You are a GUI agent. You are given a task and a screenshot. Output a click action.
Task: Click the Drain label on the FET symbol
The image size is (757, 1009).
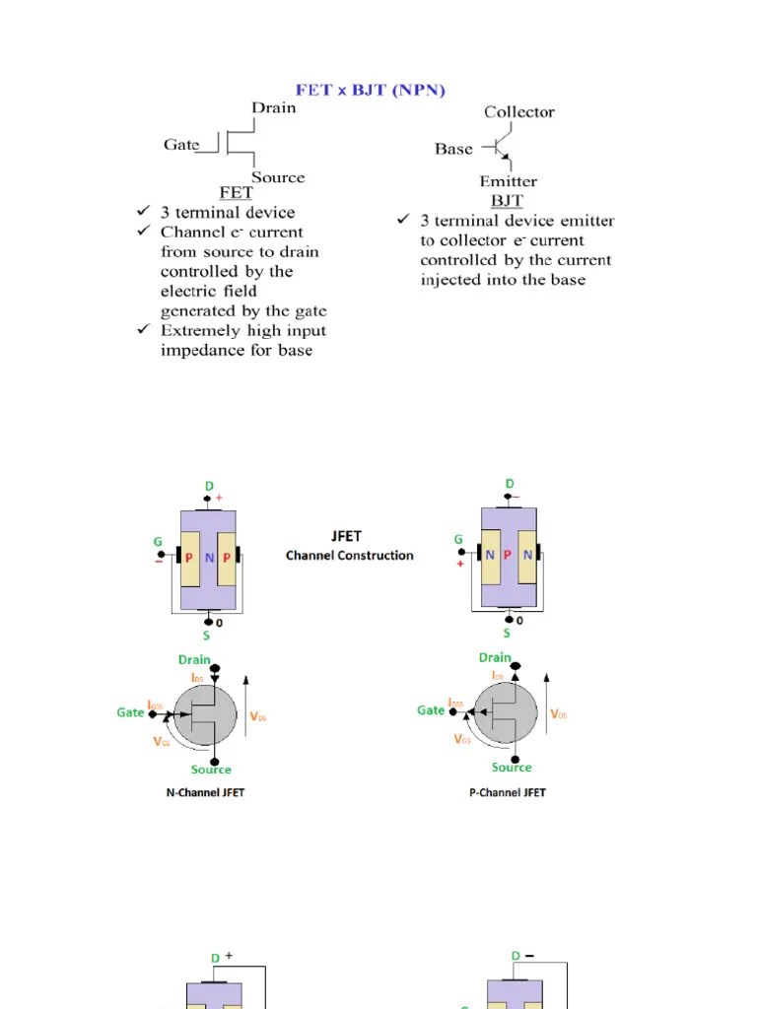click(x=273, y=107)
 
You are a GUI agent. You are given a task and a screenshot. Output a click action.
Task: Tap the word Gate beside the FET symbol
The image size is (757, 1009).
click(x=181, y=145)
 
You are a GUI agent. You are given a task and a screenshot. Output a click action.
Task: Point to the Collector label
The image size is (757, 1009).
click(x=518, y=112)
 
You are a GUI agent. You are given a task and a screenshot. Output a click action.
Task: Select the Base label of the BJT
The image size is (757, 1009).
click(x=453, y=150)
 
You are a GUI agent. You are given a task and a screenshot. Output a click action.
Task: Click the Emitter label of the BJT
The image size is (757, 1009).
click(x=508, y=181)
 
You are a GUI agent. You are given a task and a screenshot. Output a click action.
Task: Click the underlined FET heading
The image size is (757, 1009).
click(x=236, y=193)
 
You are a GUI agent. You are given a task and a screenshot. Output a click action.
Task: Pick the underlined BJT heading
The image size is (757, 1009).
click(x=507, y=200)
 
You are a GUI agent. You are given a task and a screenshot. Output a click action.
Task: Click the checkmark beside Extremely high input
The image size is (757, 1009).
click(x=143, y=330)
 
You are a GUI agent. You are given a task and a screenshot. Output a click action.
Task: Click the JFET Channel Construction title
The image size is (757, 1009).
click(x=350, y=546)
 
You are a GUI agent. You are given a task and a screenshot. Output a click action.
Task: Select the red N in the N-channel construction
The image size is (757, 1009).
click(x=209, y=558)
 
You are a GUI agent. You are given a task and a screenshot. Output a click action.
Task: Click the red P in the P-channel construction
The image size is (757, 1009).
click(x=508, y=555)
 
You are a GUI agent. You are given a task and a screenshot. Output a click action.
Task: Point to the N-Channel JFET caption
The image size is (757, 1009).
click(x=205, y=793)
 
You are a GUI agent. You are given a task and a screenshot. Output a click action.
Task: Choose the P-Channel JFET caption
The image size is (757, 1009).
click(x=507, y=792)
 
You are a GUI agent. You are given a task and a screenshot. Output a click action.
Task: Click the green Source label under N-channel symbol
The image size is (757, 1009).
click(x=211, y=770)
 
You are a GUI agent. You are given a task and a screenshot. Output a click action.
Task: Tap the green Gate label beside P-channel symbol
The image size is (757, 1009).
click(x=431, y=709)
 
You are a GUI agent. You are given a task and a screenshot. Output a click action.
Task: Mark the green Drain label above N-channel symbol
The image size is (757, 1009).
click(x=194, y=659)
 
